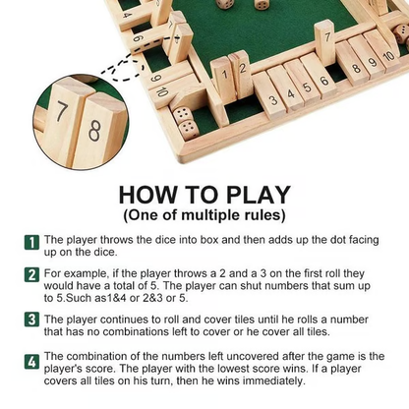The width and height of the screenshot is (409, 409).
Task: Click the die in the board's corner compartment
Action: click(183, 121)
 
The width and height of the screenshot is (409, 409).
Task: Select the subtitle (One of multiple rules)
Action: click(204, 214)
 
